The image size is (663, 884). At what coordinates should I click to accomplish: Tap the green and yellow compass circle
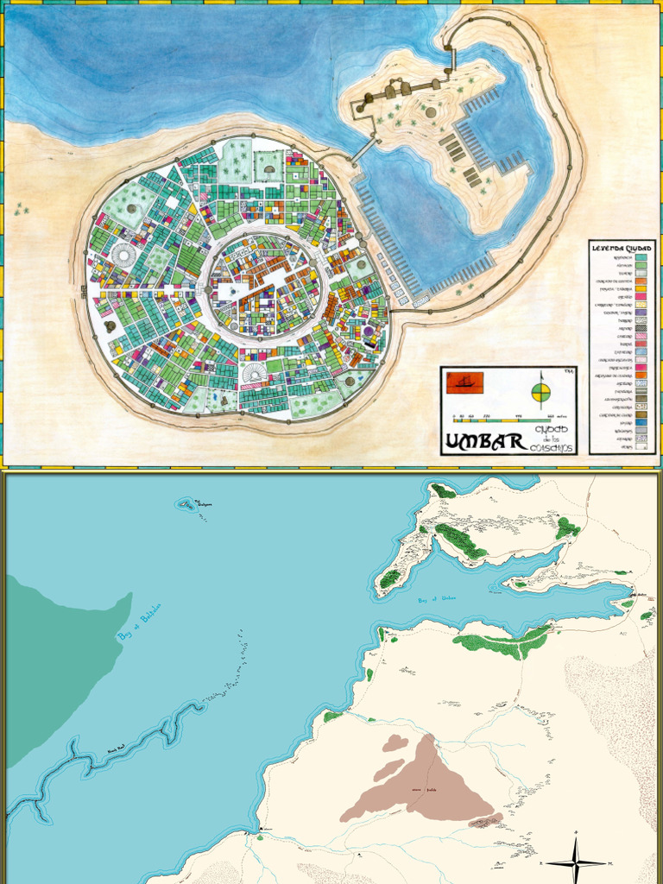click(541, 395)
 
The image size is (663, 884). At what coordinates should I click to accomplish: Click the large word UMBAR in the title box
click(485, 442)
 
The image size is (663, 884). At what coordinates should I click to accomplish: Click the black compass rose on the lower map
click(575, 862)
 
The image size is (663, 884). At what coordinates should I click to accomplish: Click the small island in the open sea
click(186, 503)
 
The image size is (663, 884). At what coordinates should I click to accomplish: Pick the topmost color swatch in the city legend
click(641, 257)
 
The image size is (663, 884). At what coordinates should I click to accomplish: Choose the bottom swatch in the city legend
click(641, 446)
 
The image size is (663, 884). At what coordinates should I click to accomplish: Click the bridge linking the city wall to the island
click(363, 151)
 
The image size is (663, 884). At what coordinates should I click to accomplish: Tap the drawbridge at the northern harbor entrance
click(450, 59)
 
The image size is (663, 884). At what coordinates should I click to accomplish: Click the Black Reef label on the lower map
click(117, 749)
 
